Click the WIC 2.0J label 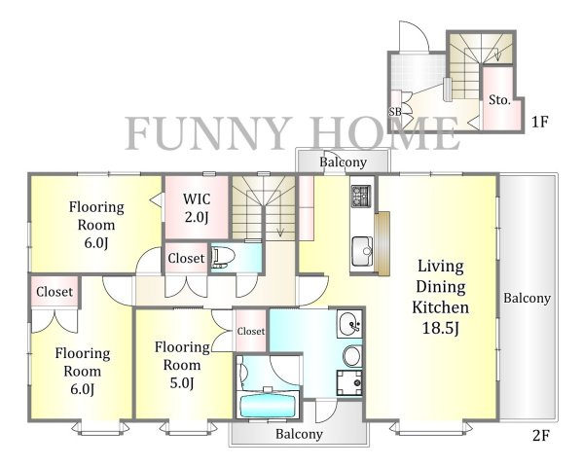196,208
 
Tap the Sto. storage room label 499,100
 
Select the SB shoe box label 395,111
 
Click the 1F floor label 540,122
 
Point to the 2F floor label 541,436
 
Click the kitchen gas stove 361,196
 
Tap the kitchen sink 362,251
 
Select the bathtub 268,406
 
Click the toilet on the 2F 223,257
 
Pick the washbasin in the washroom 349,324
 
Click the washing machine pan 349,382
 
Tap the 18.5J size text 441,328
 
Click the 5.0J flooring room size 182,382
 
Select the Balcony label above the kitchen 344,162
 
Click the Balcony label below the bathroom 299,434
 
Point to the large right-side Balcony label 527,298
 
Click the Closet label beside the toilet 186,258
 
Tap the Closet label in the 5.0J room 251,331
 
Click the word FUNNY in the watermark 208,133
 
